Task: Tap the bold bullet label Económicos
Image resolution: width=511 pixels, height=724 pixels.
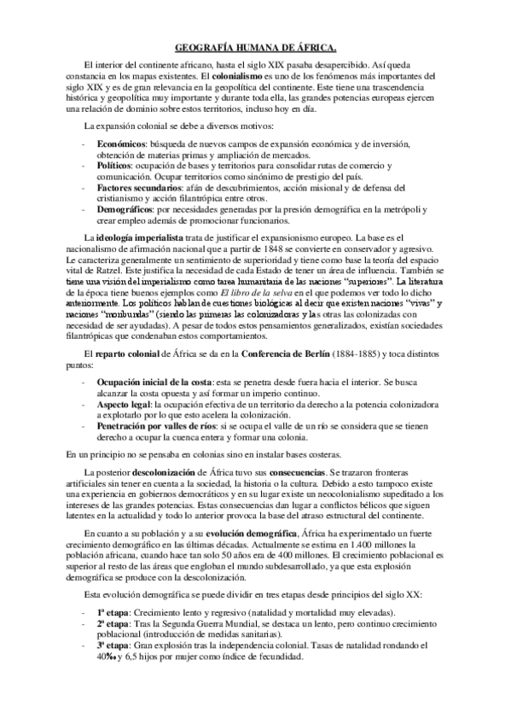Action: click(x=120, y=143)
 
